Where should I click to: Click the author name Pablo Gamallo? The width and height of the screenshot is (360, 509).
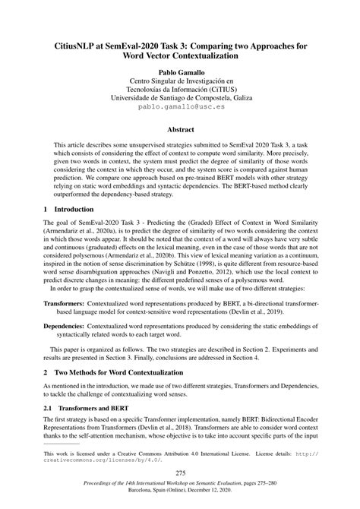[179, 70]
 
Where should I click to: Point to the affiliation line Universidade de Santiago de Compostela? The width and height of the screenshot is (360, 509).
[179, 98]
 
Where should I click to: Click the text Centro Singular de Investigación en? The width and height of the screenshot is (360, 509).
[179, 80]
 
